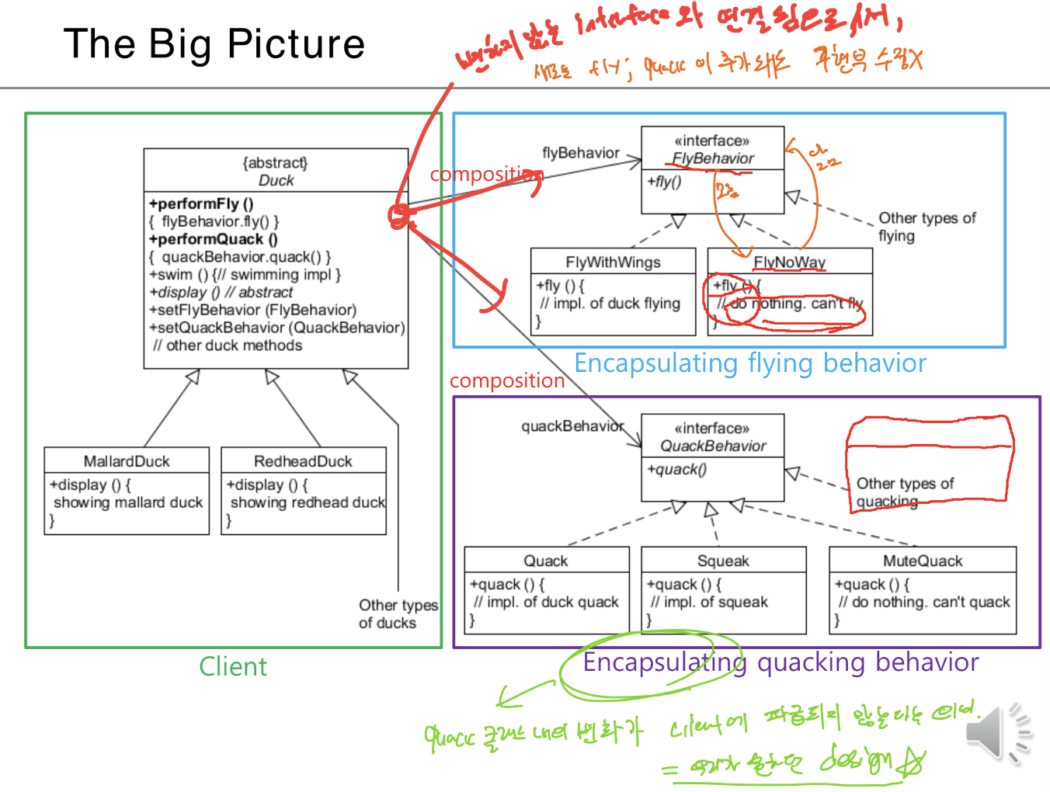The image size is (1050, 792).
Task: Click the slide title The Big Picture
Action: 214,44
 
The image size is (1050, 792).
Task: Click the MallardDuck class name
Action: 127,461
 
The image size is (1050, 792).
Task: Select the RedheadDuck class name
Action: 303,461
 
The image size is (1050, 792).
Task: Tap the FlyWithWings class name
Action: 613,262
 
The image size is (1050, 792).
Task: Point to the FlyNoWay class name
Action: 789,262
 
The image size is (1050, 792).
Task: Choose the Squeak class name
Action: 723,561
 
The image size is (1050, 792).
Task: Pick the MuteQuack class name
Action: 923,561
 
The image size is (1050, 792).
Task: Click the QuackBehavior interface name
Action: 713,446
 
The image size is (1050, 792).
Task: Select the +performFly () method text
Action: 201,204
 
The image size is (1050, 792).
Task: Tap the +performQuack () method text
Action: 213,239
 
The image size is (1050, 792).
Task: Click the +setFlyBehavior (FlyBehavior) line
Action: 253,310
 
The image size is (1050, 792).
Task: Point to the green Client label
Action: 233,666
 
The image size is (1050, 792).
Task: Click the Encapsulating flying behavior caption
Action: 749,363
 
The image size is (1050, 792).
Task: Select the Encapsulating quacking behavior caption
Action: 781,662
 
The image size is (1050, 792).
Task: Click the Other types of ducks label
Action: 398,613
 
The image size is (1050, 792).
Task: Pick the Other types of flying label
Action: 926,227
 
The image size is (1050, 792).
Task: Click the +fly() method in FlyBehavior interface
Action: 664,182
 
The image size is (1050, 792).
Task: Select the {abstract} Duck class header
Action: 276,172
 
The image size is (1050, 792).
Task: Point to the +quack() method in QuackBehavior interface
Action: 676,469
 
